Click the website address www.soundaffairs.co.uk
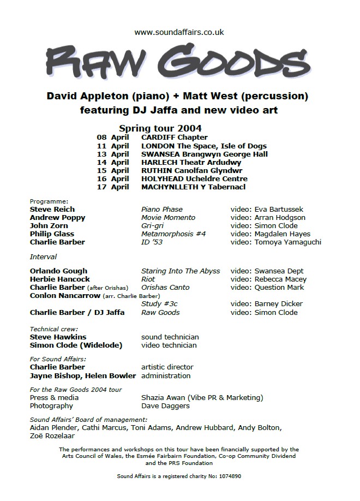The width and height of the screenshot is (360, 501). click(179, 33)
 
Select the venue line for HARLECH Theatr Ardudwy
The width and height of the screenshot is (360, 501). click(191, 162)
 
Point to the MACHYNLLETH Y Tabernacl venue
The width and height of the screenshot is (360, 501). click(193, 187)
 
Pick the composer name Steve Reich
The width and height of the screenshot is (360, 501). click(52, 209)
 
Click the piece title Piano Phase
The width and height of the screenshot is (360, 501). click(162, 209)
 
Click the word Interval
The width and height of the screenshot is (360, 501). click(43, 257)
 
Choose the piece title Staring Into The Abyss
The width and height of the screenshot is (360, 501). click(181, 271)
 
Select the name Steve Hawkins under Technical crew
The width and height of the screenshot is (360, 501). click(58, 337)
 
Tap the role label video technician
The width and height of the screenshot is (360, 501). click(169, 345)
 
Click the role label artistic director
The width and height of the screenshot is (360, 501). click(167, 367)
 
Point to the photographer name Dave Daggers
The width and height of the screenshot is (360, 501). click(165, 405)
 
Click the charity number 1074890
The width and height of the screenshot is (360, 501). click(230, 476)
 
